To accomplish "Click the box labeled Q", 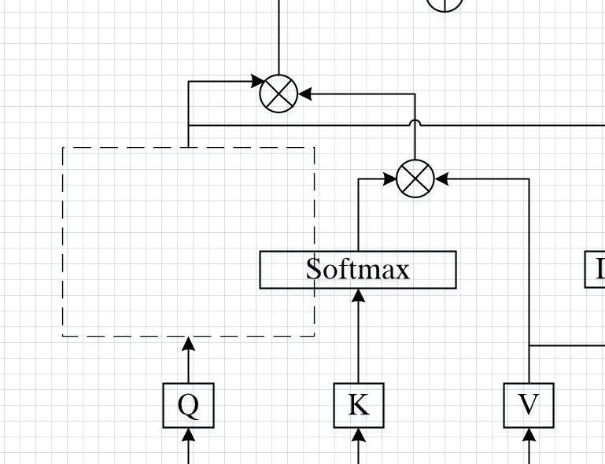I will pos(189,405).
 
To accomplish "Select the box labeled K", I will pos(359,405).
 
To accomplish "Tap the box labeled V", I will pos(529,405).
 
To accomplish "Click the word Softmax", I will pos(358,270).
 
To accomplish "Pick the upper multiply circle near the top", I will pos(279,94).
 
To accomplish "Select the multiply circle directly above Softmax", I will pos(415,179).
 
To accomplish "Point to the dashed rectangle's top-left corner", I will pos(63,147).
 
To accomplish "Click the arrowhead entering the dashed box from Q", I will pos(189,342).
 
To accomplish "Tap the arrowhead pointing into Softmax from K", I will pos(359,295).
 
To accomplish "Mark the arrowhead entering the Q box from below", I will pos(189,433).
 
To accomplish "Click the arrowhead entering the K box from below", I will pos(359,433).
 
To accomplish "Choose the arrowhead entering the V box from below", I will pos(529,433).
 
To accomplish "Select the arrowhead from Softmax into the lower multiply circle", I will pos(390,179).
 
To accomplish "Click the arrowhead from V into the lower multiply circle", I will pos(441,179).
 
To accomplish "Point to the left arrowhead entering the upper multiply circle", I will pos(256,81).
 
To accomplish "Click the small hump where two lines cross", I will pos(415,123).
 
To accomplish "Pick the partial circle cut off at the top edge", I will pos(445,4).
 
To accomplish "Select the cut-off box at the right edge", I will pos(596,270).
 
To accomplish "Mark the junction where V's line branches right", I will pos(529,345).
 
